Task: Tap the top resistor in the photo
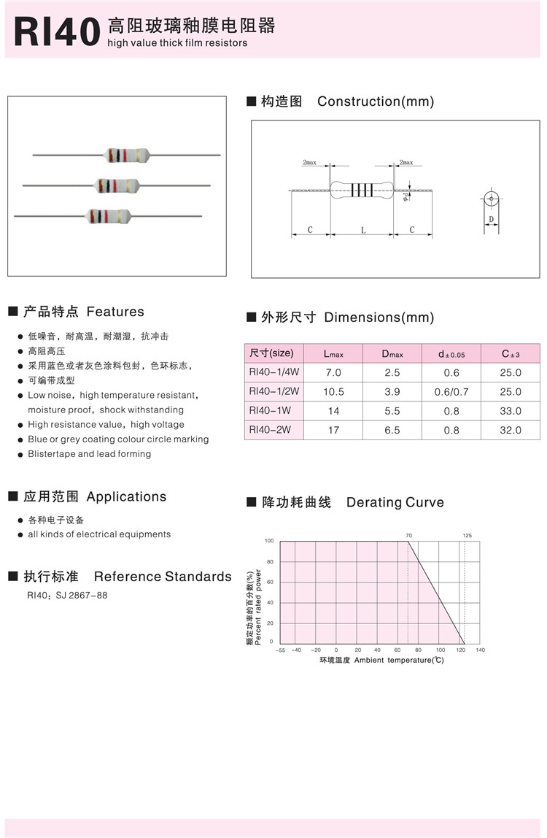[x=127, y=155]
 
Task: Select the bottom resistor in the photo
[x=109, y=216]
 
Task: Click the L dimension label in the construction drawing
[x=363, y=230]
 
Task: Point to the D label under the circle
[x=492, y=219]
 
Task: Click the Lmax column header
[x=333, y=354]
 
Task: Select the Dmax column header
[x=392, y=354]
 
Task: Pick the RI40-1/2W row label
[x=274, y=391]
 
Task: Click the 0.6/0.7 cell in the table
[x=451, y=392]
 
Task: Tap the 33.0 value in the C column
[x=511, y=411]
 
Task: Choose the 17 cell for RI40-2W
[x=333, y=430]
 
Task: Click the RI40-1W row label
[x=270, y=410]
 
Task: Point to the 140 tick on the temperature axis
[x=480, y=650]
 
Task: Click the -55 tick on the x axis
[x=280, y=650]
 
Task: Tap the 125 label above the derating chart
[x=467, y=536]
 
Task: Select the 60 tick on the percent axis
[x=270, y=582]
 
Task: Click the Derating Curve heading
[x=395, y=502]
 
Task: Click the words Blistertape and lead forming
[x=89, y=454]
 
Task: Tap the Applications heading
[x=126, y=496]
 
